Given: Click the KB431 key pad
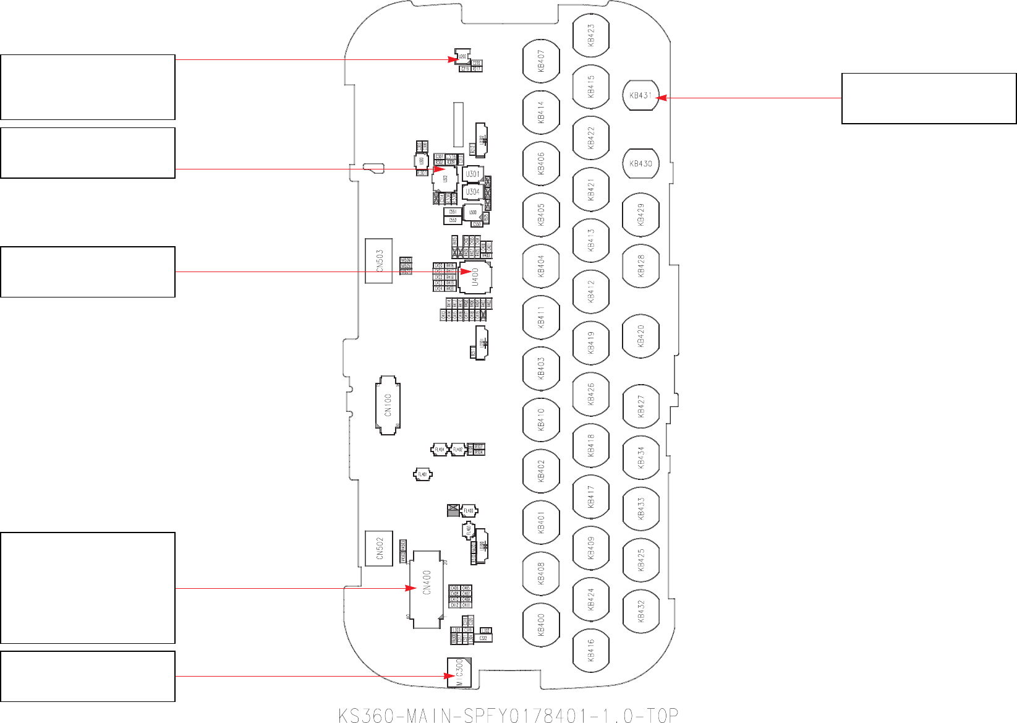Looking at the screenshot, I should (640, 95).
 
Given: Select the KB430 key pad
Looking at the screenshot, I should (640, 164).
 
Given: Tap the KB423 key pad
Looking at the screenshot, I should (591, 35).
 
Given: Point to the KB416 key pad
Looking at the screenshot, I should (591, 650).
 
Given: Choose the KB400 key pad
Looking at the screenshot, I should (541, 625).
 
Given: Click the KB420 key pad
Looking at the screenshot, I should (640, 336).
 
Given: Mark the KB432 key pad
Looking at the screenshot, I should (640, 611).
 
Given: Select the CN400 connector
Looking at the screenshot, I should (427, 589).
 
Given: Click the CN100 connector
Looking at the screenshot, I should (388, 405).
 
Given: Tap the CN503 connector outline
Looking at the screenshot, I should (379, 261).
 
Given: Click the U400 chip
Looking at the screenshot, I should (475, 276).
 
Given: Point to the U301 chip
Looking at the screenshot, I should (472, 174).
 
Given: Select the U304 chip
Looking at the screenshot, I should (472, 192).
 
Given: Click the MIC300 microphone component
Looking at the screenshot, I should (459, 672).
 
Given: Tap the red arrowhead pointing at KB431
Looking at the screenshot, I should (659, 98).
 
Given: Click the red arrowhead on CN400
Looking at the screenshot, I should (411, 588).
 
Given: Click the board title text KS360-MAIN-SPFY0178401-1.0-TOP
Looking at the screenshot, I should (508, 715).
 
